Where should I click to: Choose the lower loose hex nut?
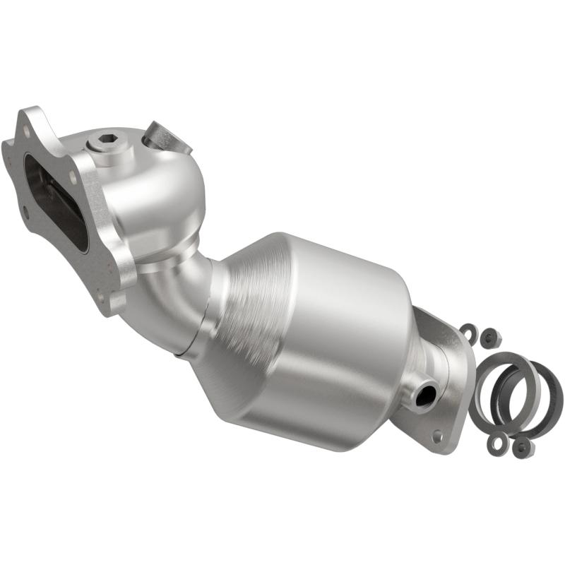point(522,446)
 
